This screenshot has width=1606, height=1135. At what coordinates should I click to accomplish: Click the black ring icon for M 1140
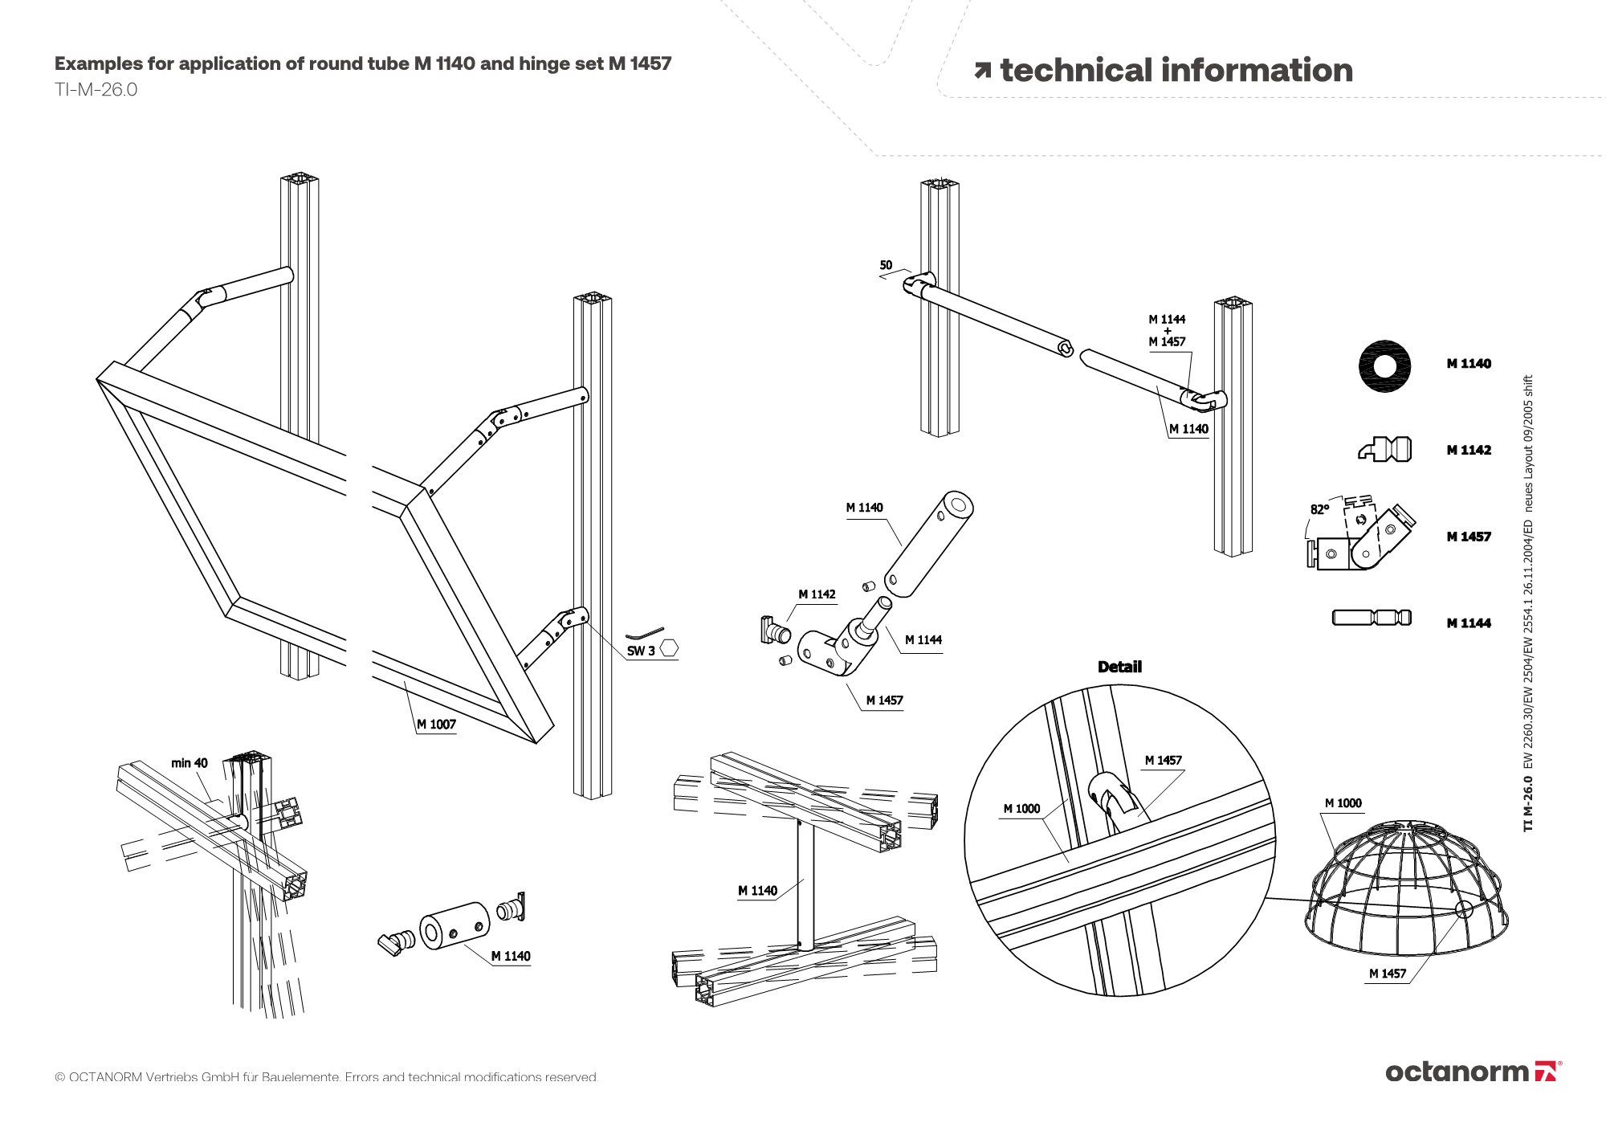pyautogui.click(x=1384, y=366)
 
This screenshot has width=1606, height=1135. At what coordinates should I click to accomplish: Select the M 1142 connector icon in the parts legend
pyautogui.click(x=1385, y=449)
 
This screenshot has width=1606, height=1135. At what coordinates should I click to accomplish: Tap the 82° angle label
pyautogui.click(x=1319, y=509)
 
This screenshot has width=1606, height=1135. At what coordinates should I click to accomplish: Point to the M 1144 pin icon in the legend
pyautogui.click(x=1372, y=618)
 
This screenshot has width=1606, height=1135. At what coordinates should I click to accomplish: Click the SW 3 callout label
pyautogui.click(x=641, y=651)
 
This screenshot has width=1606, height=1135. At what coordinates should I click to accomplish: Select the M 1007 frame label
pyautogui.click(x=436, y=725)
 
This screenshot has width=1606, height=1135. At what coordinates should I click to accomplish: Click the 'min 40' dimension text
pyautogui.click(x=189, y=763)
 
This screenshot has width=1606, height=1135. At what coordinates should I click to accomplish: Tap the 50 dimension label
pyautogui.click(x=886, y=265)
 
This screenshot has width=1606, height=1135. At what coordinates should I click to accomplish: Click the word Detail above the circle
pyautogui.click(x=1119, y=667)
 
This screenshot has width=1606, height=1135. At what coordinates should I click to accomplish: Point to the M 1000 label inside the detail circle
pyautogui.click(x=1021, y=809)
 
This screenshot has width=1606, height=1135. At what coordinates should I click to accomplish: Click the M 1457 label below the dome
pyautogui.click(x=1388, y=974)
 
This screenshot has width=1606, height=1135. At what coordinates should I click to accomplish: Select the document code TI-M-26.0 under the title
pyautogui.click(x=96, y=90)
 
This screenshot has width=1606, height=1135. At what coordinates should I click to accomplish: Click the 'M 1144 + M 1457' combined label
pyautogui.click(x=1167, y=330)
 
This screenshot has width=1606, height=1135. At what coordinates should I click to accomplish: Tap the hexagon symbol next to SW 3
pyautogui.click(x=669, y=648)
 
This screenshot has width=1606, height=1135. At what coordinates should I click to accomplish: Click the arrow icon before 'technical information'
pyautogui.click(x=982, y=71)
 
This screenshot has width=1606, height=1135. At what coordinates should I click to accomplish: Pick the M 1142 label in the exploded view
pyautogui.click(x=817, y=594)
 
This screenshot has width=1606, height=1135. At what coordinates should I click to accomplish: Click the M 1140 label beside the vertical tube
pyautogui.click(x=757, y=891)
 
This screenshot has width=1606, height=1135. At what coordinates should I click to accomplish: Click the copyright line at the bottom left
pyautogui.click(x=326, y=1077)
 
